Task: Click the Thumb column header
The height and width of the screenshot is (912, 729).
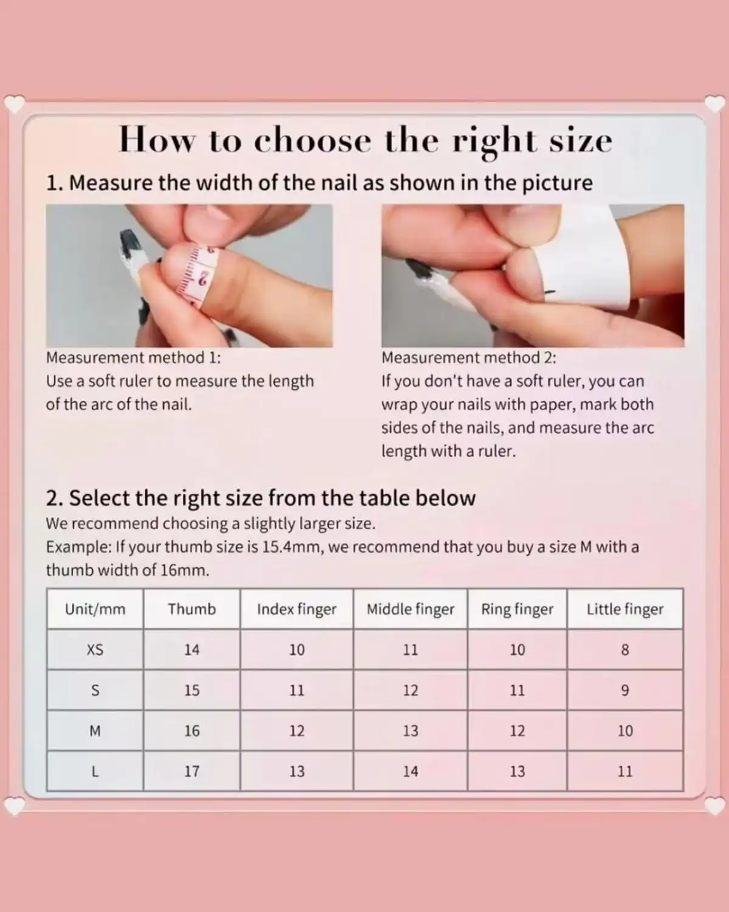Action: [x=192, y=609]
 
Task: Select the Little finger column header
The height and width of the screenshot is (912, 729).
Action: [x=625, y=609]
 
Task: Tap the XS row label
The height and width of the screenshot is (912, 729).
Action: [x=95, y=650]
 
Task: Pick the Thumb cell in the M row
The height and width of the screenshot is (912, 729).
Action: [x=192, y=731]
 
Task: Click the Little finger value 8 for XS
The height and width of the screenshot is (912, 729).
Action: [x=625, y=650]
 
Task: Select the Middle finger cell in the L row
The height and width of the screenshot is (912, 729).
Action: [x=411, y=772]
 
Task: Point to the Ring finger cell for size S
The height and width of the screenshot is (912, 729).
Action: [x=517, y=690]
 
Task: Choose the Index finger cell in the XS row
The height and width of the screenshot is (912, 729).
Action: [x=296, y=650]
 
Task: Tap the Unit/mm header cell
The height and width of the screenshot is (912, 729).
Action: [x=95, y=609]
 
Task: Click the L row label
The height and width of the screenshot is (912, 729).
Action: [x=95, y=772]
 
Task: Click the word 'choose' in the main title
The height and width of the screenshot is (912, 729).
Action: [x=312, y=140]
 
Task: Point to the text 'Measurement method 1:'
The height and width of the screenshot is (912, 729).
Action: [x=134, y=358]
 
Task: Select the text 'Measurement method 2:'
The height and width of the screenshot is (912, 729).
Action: [x=469, y=358]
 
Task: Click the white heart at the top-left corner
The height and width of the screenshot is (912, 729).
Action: [x=15, y=104]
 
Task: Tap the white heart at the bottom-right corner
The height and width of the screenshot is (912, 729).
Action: [x=715, y=806]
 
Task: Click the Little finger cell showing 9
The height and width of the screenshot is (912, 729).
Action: [x=625, y=690]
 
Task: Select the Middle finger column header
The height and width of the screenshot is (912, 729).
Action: [x=411, y=609]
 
